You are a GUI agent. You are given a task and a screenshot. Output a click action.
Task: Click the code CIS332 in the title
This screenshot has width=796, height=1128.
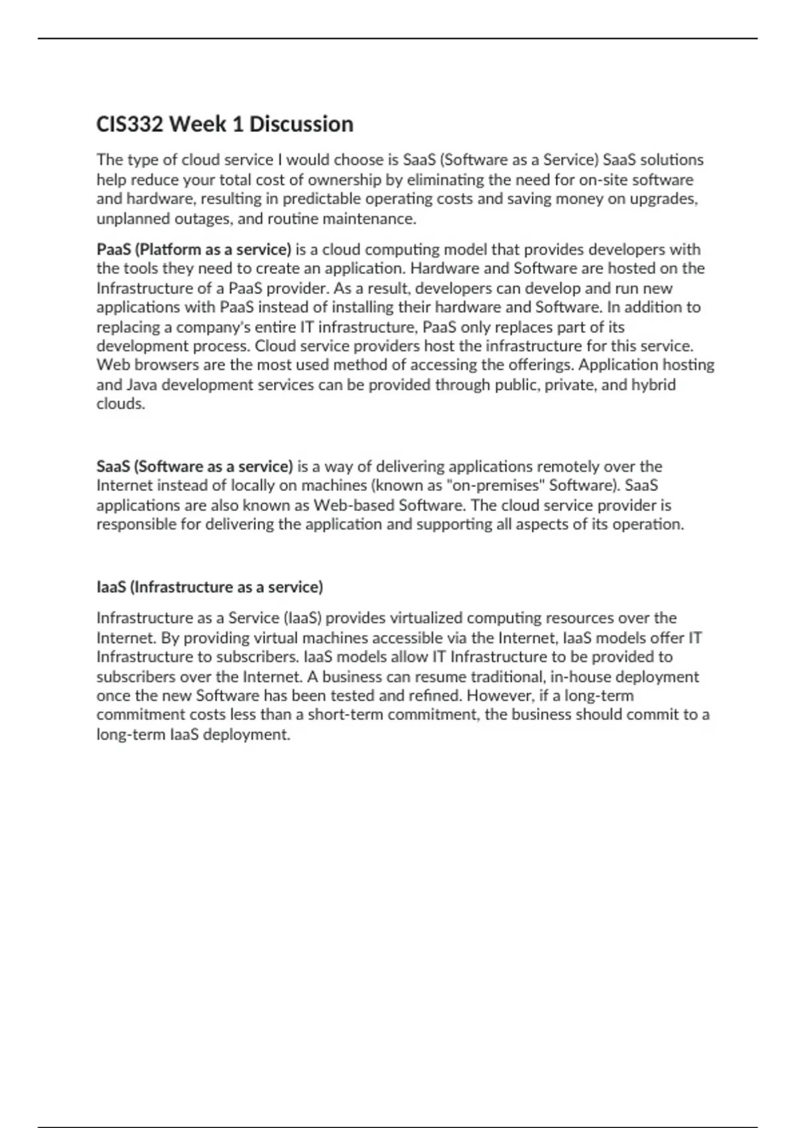(x=129, y=124)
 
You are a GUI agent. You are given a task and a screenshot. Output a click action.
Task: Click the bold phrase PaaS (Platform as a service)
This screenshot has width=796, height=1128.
(x=194, y=249)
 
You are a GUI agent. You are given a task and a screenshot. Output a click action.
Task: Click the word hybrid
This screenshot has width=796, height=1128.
(x=653, y=385)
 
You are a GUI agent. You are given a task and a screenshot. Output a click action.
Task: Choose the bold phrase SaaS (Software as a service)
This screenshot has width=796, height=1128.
(x=194, y=466)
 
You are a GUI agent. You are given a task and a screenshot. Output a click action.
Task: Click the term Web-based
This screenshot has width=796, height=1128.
(x=354, y=506)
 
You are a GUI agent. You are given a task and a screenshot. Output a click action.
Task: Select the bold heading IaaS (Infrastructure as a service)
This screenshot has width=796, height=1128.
(x=210, y=587)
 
